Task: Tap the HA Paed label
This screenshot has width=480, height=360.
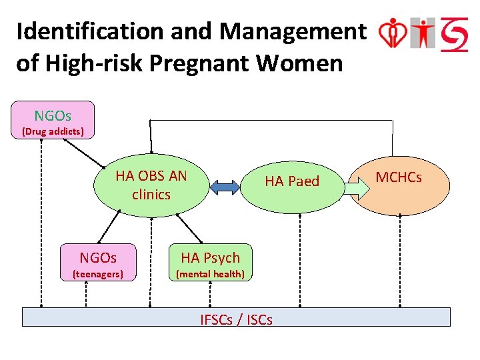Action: pyautogui.click(x=292, y=181)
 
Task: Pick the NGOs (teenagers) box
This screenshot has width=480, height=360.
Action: pyautogui.click(x=98, y=263)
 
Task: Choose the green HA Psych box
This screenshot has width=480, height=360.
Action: pyautogui.click(x=210, y=263)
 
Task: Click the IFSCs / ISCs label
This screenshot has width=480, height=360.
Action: pyautogui.click(x=236, y=320)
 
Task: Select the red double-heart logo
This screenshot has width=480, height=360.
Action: pyautogui.click(x=392, y=34)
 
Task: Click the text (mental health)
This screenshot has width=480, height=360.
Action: pyautogui.click(x=210, y=274)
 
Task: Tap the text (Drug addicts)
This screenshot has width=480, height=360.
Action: pyautogui.click(x=53, y=131)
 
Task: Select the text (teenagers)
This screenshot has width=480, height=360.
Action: pyautogui.click(x=98, y=274)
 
